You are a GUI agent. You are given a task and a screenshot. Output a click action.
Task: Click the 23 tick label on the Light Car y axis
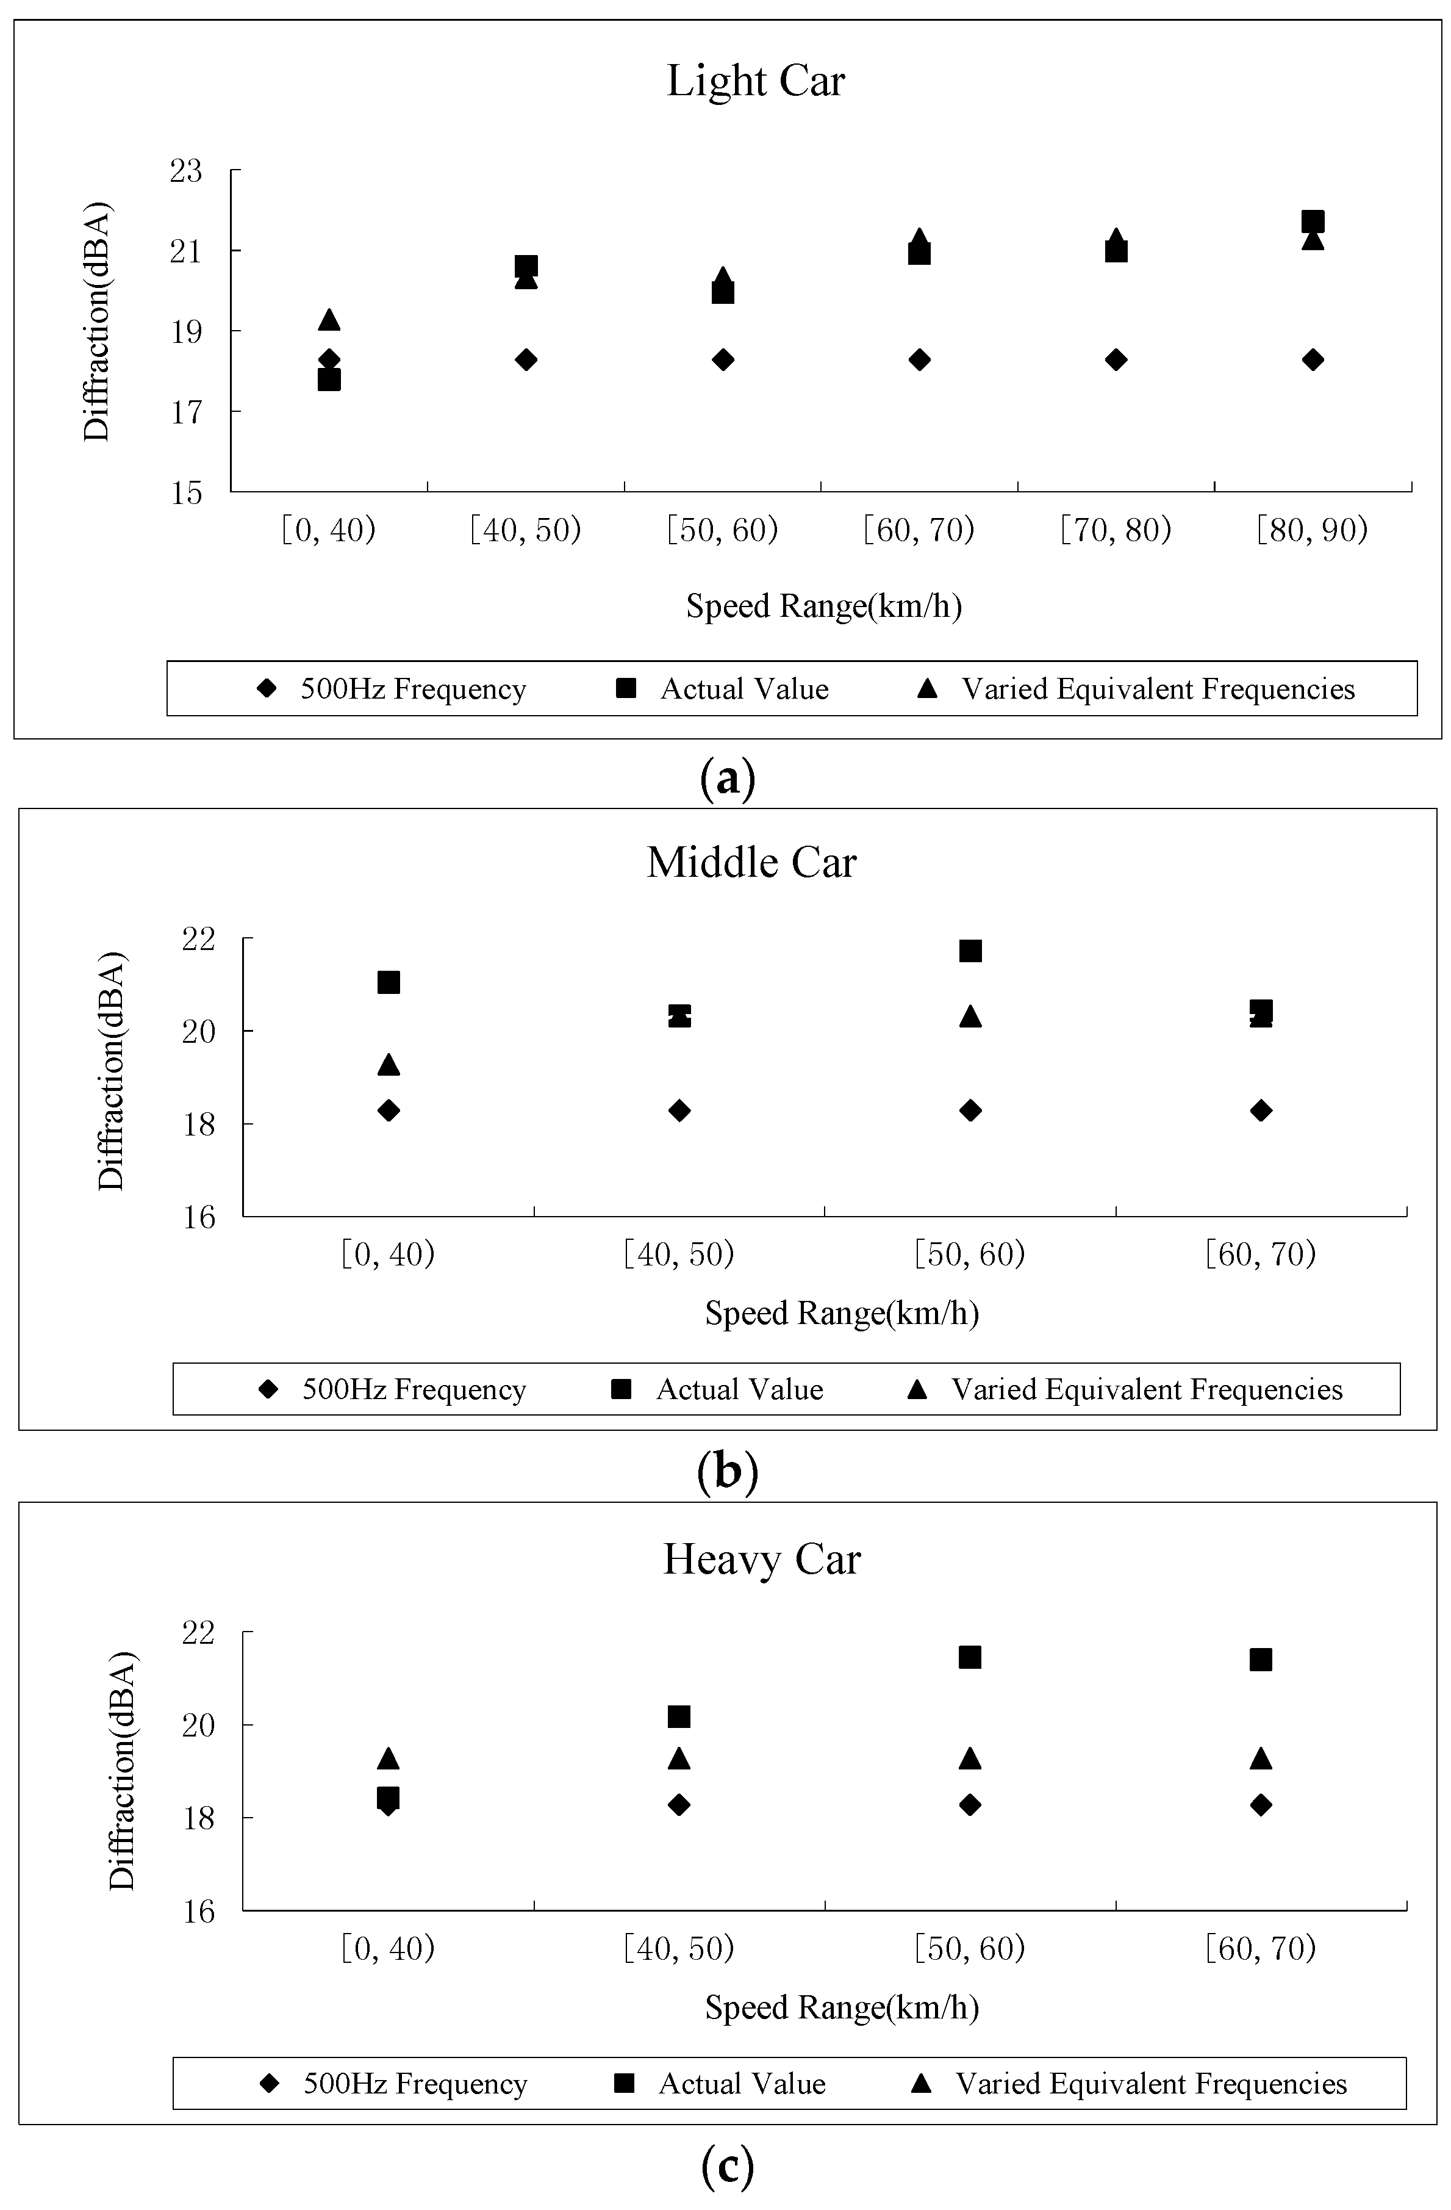tap(185, 172)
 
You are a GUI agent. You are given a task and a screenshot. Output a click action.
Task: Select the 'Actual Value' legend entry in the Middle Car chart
tap(739, 1389)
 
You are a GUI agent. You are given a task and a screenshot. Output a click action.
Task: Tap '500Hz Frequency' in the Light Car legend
tap(413, 689)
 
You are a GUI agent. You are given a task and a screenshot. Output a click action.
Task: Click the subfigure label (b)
tap(727, 1471)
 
